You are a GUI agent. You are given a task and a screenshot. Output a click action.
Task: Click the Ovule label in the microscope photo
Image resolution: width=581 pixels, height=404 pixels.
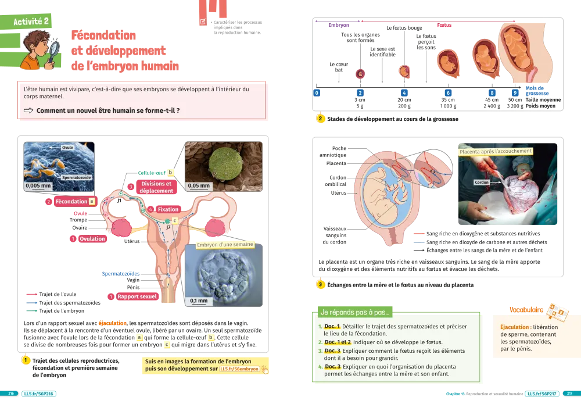click(69, 148)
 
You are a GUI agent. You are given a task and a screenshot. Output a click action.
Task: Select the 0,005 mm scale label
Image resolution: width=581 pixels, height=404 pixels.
click(37, 187)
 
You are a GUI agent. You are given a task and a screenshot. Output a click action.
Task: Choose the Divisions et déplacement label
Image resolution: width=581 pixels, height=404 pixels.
click(156, 187)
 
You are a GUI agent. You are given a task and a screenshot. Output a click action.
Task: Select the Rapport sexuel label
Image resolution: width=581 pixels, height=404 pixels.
click(137, 296)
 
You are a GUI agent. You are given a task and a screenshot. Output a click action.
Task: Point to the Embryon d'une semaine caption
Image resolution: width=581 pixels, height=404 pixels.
click(225, 245)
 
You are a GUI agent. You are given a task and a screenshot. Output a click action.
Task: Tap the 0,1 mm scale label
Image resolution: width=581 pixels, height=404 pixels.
click(199, 301)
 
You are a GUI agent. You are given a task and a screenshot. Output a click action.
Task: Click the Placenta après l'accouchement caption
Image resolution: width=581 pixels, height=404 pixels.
click(496, 151)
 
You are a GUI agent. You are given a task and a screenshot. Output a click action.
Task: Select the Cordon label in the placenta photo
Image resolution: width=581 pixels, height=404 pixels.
click(482, 182)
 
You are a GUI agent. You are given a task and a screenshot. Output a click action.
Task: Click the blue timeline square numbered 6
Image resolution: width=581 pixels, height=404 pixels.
click(448, 93)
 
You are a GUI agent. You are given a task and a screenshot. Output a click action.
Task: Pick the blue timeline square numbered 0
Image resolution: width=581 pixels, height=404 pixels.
click(317, 93)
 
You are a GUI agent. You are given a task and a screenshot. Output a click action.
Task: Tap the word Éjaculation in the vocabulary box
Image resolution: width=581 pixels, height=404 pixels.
click(514, 327)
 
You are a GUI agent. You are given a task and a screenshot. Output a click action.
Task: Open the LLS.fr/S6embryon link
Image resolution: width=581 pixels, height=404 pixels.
click(239, 369)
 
